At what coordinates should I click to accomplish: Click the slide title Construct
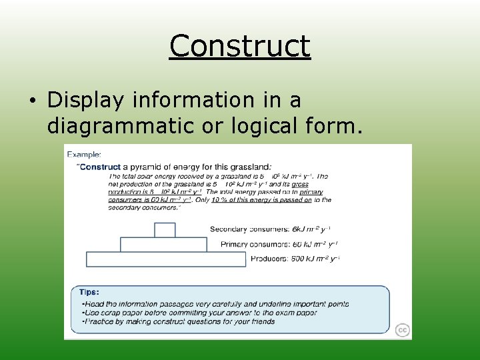(240, 47)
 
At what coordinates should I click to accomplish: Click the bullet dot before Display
(33, 101)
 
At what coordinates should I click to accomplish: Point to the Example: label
(85, 154)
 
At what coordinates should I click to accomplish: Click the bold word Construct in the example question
(100, 167)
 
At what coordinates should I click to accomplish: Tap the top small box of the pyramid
(165, 230)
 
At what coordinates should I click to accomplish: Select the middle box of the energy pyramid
(163, 245)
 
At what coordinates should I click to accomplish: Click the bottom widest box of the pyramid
(166, 259)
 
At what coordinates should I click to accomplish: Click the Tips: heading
(89, 292)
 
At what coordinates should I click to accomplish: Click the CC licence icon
(402, 330)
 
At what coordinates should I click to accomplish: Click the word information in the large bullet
(190, 100)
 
